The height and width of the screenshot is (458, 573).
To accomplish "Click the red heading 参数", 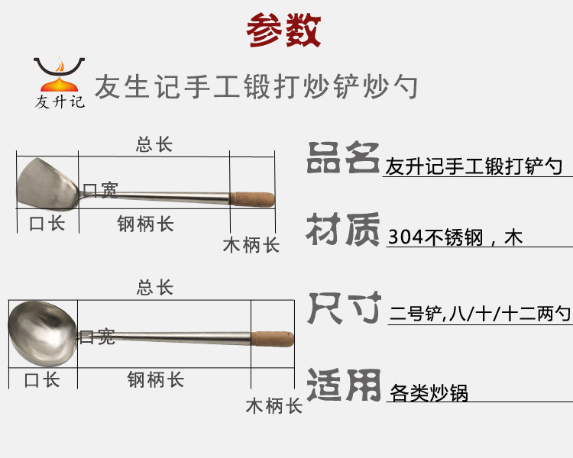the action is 284,31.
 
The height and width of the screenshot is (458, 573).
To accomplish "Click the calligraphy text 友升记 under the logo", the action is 60,102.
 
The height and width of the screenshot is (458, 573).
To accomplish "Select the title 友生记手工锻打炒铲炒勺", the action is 255,86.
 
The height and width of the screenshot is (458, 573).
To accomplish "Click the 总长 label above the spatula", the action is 154,145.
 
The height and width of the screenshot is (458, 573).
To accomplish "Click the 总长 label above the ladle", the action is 154,288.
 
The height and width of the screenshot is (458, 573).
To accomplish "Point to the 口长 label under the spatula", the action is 47,224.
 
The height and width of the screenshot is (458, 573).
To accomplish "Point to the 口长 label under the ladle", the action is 42,379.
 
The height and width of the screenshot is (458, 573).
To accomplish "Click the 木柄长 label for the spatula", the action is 251,245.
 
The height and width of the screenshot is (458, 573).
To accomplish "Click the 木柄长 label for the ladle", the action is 274,405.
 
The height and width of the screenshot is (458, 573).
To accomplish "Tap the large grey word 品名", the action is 342,158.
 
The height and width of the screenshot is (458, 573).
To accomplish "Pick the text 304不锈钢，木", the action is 455,237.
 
